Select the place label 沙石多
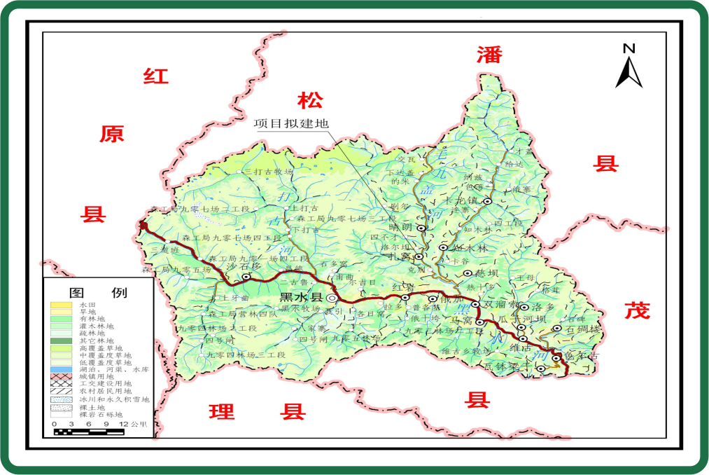243,267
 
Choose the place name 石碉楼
583,329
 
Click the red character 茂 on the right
637,310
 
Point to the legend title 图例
98,292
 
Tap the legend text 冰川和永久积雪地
114,399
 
